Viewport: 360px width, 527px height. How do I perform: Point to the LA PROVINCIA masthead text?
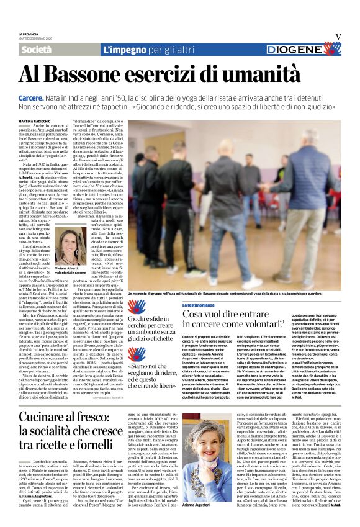[x=29, y=34]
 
